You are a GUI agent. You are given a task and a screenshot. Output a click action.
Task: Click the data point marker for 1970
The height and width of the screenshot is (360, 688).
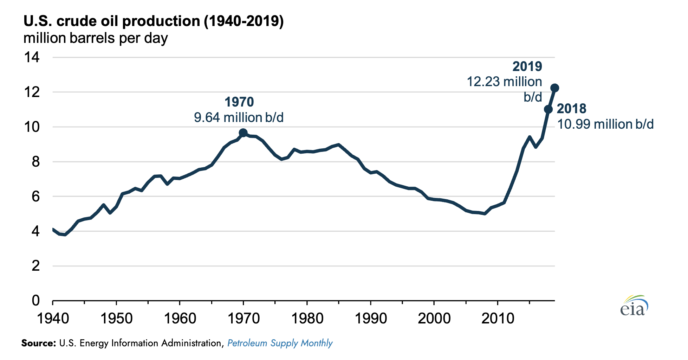[243, 133]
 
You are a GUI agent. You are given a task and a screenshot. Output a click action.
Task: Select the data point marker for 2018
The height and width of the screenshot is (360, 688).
[548, 109]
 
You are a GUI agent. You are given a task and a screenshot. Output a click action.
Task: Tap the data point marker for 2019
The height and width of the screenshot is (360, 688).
[555, 88]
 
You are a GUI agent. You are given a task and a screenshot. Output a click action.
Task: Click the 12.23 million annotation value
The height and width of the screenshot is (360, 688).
[504, 82]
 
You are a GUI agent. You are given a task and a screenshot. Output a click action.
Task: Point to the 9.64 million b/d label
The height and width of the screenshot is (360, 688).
[239, 117]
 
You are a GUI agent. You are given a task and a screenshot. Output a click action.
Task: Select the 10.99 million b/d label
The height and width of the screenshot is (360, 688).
[605, 124]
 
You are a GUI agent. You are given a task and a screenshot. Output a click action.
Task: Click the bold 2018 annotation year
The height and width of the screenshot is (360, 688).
[571, 109]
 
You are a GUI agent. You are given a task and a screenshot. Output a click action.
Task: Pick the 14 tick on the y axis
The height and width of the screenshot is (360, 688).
[32, 57]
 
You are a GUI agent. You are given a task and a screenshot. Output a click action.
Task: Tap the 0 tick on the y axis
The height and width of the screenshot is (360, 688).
[35, 301]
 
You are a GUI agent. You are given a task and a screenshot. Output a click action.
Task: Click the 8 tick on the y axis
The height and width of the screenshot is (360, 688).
[35, 162]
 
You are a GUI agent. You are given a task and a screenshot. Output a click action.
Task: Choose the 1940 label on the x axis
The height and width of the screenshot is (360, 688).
[53, 319]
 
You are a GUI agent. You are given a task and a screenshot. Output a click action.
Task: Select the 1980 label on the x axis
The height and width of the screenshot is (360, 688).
[307, 319]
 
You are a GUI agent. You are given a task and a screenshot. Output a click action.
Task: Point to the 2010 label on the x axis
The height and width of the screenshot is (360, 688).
[498, 319]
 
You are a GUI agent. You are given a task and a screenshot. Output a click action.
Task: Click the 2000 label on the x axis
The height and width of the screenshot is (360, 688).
[434, 319]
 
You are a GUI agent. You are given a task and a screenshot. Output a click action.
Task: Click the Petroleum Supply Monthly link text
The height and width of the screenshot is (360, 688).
[280, 343]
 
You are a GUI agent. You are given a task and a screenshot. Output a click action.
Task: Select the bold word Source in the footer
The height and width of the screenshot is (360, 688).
[38, 343]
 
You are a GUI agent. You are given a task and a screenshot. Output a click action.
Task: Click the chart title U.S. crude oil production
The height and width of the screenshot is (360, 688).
[153, 21]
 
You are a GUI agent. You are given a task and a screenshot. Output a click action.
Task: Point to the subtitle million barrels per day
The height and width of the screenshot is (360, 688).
[96, 38]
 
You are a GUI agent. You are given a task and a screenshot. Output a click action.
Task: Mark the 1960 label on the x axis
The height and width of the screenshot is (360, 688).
[180, 319]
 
